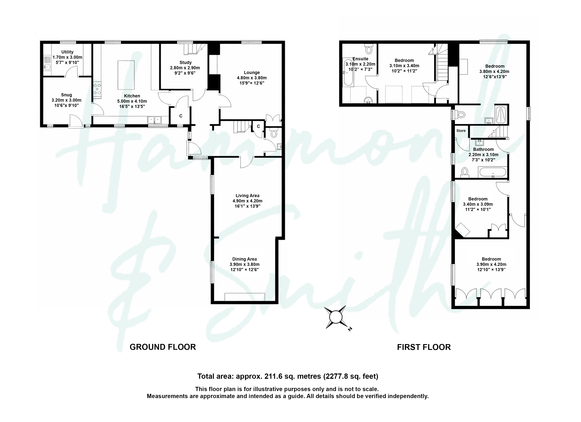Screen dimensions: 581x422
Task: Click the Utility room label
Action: click(67, 52)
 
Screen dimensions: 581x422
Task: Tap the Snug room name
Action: click(66, 95)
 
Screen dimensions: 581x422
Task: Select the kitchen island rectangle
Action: click(126, 75)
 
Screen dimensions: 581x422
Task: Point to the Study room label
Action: click(185, 62)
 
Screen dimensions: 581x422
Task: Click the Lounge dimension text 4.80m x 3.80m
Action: click(252, 78)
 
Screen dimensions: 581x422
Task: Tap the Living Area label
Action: click(248, 196)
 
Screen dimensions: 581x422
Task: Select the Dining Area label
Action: click(244, 259)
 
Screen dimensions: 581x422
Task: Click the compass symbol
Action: click(336, 318)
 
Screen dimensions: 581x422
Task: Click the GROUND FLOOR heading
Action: click(163, 347)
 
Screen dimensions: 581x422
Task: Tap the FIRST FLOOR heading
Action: click(424, 347)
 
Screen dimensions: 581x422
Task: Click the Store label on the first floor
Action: click(461, 130)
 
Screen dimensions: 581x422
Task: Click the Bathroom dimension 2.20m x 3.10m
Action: click(483, 155)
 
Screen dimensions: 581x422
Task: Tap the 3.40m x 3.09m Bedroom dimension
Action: click(478, 204)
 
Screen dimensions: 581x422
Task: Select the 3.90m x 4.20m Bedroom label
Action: click(491, 264)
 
